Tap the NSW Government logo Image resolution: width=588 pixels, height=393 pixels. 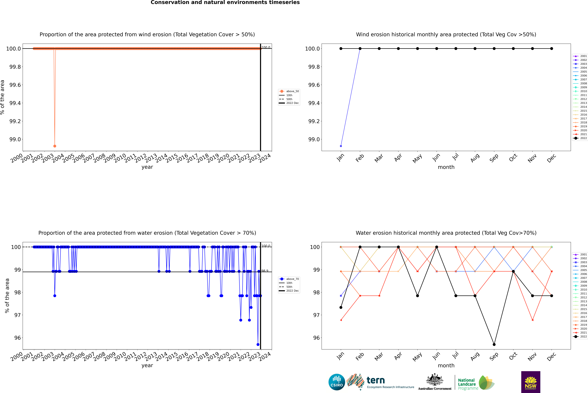coord(531,382)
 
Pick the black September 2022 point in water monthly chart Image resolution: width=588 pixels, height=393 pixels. coord(494,344)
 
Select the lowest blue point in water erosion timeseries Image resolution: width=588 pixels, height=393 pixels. coord(258,344)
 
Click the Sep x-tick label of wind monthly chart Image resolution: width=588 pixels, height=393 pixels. coord(494,158)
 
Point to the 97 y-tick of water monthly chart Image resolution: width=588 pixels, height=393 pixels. coord(316,315)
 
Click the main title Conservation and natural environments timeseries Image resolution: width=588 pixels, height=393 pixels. coord(225,2)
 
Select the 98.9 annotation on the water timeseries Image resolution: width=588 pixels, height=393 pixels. coord(265,271)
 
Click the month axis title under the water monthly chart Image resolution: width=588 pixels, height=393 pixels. coord(446,365)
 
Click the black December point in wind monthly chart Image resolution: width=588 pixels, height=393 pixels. coord(551,49)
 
